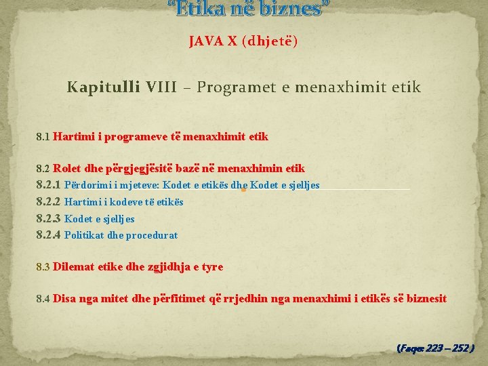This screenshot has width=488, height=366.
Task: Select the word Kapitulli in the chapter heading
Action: click(104, 87)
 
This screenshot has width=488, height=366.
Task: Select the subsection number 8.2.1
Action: click(48, 185)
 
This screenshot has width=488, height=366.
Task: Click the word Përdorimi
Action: click(88, 185)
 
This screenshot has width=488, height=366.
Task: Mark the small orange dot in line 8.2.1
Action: click(243, 190)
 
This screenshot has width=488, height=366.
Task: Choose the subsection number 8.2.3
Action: click(48, 218)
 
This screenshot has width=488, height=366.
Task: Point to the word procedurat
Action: click(154, 235)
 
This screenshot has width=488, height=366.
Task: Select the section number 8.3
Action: click(43, 267)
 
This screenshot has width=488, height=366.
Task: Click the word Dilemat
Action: click(74, 267)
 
